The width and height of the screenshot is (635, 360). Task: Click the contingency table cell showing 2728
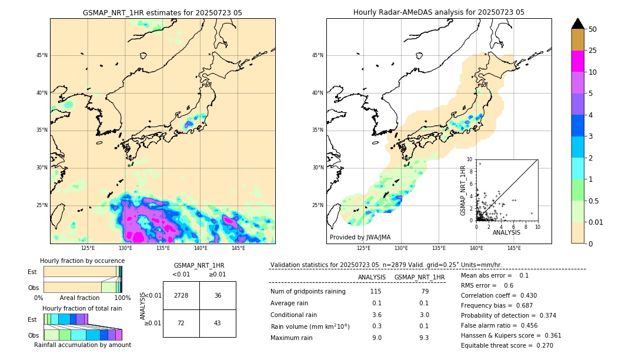click(181, 295)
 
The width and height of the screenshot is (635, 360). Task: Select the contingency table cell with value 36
click(218, 295)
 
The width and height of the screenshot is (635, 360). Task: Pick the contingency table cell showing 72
click(181, 324)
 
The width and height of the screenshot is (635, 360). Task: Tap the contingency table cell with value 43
click(218, 324)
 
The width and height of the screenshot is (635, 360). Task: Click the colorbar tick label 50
click(593, 29)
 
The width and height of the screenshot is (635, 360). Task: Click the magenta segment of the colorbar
click(578, 61)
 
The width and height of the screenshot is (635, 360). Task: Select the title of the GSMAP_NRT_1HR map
click(162, 12)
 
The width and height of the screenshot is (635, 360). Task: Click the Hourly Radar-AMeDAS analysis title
click(439, 12)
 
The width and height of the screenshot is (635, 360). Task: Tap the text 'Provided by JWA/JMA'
click(360, 237)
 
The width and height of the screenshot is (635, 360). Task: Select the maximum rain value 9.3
click(423, 338)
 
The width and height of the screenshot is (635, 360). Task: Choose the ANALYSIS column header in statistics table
click(372, 277)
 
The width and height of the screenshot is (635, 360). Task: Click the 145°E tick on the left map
click(238, 248)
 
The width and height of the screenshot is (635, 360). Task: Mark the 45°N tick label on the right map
click(317, 55)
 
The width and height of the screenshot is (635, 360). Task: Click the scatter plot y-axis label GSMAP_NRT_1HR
click(463, 190)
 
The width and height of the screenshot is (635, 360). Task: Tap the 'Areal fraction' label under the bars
click(80, 298)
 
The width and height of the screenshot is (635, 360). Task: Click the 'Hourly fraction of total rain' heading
click(82, 308)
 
